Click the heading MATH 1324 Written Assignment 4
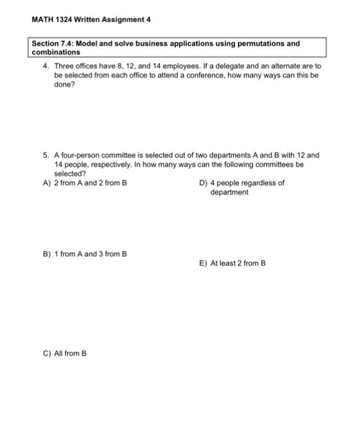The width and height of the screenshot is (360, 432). pos(91,20)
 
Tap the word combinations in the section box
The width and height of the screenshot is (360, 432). pos(56,52)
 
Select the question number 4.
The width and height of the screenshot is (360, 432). pos(46,65)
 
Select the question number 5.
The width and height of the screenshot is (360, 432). pos(46,156)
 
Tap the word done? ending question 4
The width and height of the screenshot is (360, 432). pos(65,85)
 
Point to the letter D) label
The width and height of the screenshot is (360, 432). pos(203,183)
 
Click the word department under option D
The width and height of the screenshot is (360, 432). pos(229,193)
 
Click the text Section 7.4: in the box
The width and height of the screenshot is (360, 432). pos(52,44)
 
